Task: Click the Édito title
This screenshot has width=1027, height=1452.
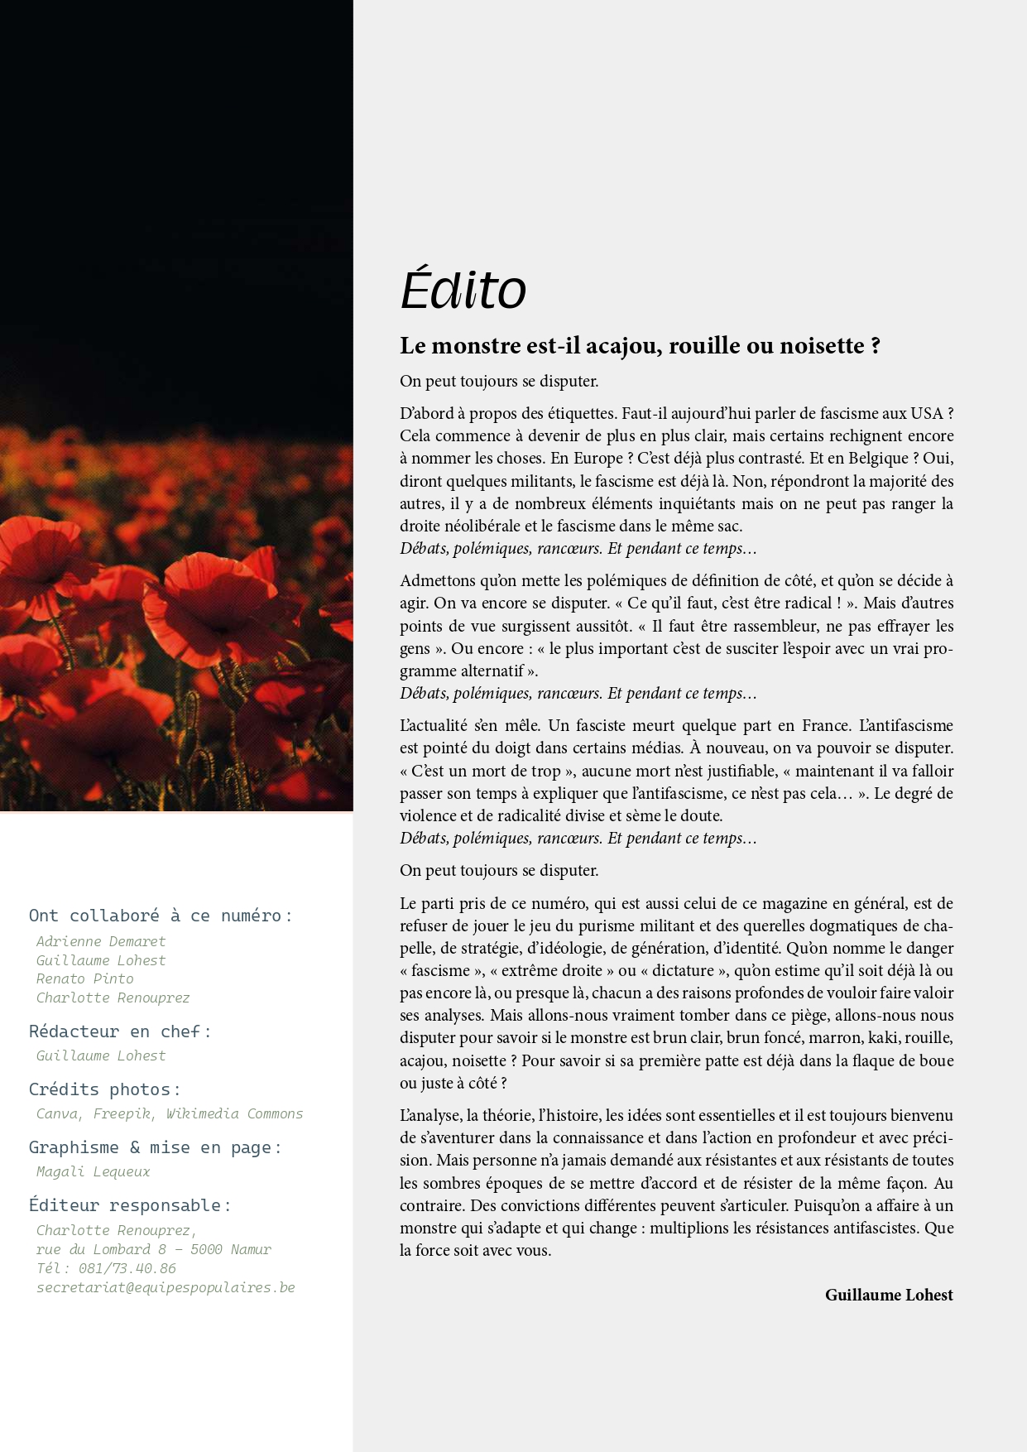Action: pos(463,289)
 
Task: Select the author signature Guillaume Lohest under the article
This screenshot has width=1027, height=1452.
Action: pos(889,1295)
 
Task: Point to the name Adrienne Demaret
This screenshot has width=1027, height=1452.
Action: pos(101,941)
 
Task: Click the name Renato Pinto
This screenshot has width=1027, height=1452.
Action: pos(84,978)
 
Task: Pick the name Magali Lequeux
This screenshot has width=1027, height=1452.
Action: pos(94,1171)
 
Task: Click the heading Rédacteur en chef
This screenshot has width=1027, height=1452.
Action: pos(120,1031)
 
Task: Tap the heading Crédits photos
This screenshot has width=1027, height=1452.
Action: pos(104,1089)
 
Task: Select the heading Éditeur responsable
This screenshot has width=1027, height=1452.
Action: pos(129,1205)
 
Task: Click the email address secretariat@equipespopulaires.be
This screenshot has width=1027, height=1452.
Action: pos(166,1287)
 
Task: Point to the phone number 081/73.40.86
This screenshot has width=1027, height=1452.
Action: pos(127,1268)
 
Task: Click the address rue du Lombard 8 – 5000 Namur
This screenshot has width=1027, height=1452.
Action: pos(154,1249)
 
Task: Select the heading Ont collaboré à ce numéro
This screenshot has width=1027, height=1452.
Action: pos(161,916)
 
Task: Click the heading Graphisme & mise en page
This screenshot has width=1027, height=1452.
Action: pos(155,1147)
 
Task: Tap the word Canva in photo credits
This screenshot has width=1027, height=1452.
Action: pos(57,1113)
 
